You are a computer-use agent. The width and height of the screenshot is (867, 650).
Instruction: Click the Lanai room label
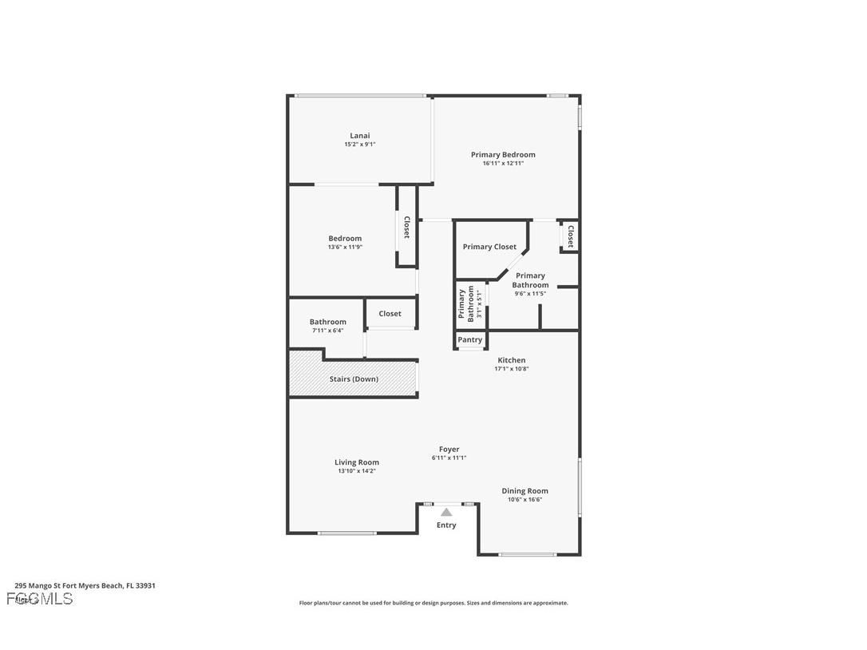coord(359,136)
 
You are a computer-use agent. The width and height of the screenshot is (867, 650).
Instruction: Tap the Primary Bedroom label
coord(503,155)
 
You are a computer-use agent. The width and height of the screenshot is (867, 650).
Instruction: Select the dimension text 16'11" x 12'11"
coord(503,164)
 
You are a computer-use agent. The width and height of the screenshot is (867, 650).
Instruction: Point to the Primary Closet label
coord(489,247)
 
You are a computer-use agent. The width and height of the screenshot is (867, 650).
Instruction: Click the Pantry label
coord(470,340)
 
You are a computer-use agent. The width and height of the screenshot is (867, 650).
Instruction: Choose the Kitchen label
coord(512,360)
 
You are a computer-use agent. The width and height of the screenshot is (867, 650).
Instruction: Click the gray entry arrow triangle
coord(446,512)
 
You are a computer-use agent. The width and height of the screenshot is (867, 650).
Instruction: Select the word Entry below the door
coord(446,525)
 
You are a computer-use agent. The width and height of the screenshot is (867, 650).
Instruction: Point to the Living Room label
coord(357,462)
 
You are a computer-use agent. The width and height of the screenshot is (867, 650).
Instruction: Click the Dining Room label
coord(525,491)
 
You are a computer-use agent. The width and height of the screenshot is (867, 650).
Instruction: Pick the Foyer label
coord(449,450)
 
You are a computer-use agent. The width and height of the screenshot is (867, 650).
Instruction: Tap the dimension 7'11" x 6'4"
coord(327,331)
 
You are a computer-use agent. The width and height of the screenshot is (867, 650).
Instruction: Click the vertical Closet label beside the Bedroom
coord(406,228)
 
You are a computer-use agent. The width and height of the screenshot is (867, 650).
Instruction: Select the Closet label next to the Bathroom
coord(390,314)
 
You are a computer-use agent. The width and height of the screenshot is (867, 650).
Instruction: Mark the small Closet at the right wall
coord(571,236)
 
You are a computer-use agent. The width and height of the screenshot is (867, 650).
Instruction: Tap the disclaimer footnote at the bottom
coord(433,603)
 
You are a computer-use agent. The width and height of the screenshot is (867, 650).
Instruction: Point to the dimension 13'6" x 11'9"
coord(345,248)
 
